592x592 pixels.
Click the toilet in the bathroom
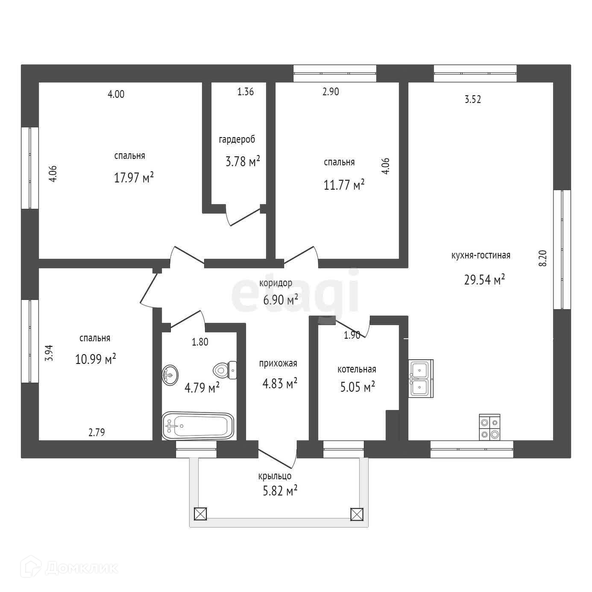[x=225, y=370]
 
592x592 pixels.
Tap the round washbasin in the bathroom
[x=170, y=375]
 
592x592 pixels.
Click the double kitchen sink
[x=420, y=378]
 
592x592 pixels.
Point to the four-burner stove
[x=489, y=427]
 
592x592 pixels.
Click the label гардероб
[x=237, y=140]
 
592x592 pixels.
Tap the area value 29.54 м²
[x=484, y=280]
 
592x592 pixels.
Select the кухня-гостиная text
[x=481, y=255]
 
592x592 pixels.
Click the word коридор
[x=276, y=283]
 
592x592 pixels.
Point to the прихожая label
[x=278, y=363]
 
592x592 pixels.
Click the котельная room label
[x=357, y=369]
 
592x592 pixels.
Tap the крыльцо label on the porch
[x=275, y=476]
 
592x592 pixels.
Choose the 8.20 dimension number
[x=542, y=258]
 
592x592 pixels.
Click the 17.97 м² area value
[x=134, y=177]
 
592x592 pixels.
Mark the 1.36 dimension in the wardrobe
[x=246, y=91]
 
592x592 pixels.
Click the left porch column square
[x=200, y=514]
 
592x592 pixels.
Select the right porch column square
[x=356, y=514]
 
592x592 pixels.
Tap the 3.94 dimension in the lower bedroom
[x=50, y=353]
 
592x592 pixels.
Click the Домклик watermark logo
[x=73, y=568]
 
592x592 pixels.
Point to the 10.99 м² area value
[x=96, y=359]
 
